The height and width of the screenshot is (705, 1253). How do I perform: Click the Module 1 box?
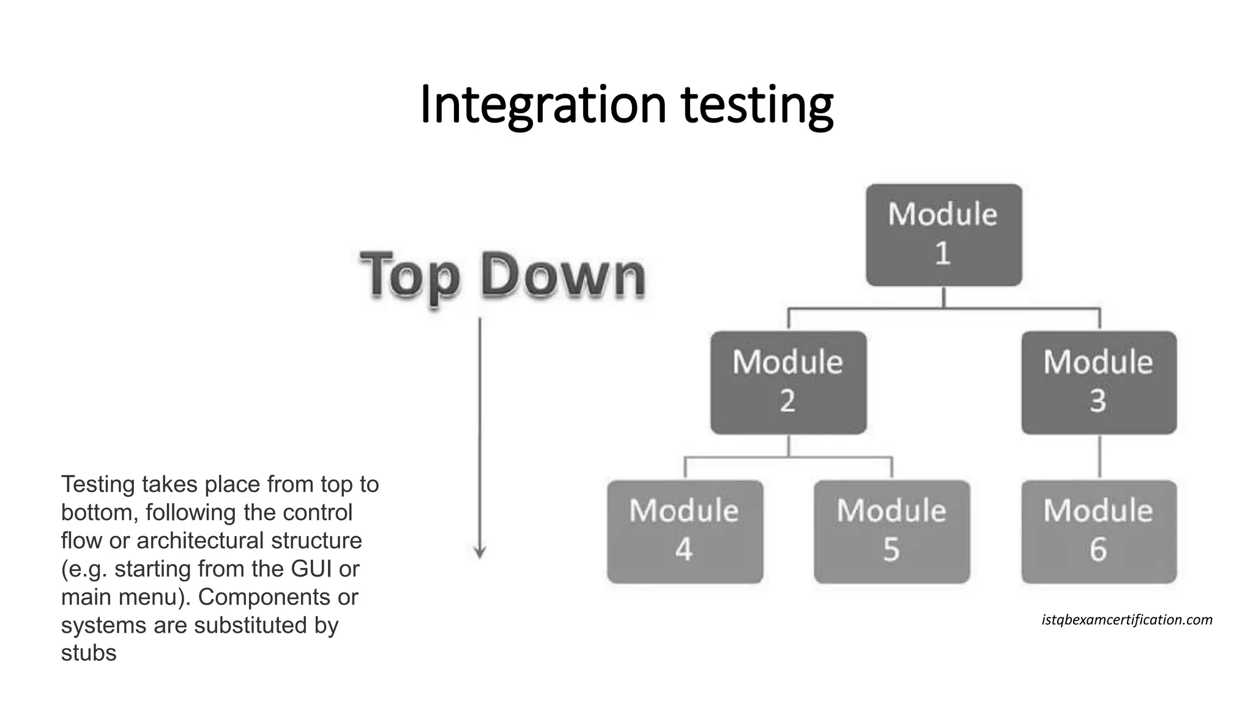(x=943, y=234)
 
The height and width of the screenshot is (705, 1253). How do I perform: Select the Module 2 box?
(x=788, y=382)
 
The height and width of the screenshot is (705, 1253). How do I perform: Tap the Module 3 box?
(x=1099, y=382)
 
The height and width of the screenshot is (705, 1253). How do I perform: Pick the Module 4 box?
(x=685, y=531)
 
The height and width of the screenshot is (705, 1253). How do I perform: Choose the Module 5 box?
(x=891, y=531)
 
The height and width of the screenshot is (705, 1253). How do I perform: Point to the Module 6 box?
(x=1099, y=531)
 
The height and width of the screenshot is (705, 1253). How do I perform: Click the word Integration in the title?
(x=542, y=105)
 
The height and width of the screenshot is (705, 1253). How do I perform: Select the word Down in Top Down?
(x=563, y=275)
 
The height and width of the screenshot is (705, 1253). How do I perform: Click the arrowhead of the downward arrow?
(x=480, y=551)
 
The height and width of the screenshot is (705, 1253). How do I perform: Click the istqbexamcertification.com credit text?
(x=1126, y=620)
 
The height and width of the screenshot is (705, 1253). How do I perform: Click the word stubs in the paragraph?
(x=89, y=653)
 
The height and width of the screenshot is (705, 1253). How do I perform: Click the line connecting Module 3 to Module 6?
(x=1099, y=457)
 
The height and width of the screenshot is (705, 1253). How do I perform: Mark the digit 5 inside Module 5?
(x=891, y=550)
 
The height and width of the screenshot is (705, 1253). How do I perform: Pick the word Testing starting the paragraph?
(x=98, y=484)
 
